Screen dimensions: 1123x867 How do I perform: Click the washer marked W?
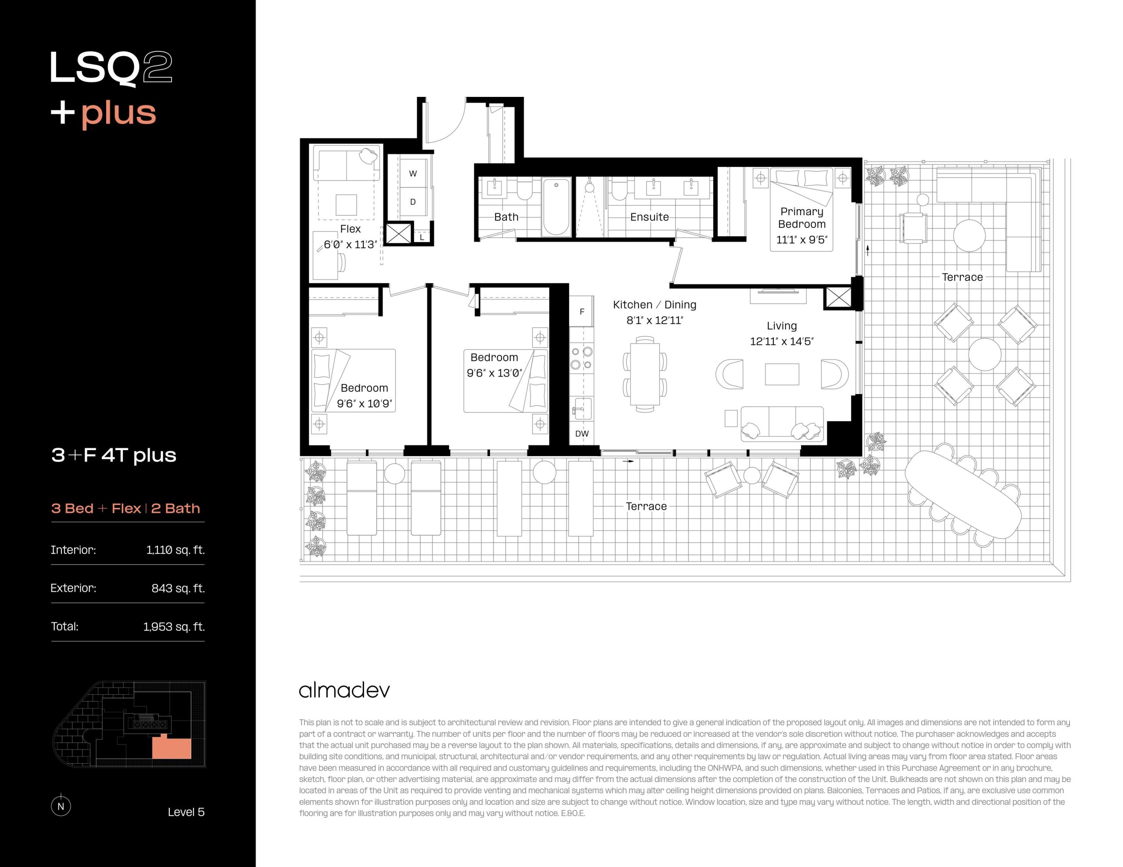pos(413,174)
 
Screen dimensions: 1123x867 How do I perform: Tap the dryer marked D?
pos(413,202)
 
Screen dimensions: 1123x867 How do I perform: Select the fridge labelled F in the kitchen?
pos(582,312)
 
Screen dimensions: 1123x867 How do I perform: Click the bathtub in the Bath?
pos(556,206)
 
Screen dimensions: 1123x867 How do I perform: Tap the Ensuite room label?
pos(649,217)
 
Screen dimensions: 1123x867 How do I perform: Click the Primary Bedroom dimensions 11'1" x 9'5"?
pos(801,239)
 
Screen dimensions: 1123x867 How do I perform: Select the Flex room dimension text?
pos(350,245)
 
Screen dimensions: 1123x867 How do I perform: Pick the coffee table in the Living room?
pos(782,374)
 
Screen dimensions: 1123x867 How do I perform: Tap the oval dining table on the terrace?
pos(963,494)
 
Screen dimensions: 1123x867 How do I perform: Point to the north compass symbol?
pos(61,805)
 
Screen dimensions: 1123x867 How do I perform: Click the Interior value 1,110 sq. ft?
pos(175,550)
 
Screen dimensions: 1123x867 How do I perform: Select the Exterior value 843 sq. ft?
pos(178,588)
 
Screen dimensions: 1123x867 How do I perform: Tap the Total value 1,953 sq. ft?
pos(174,626)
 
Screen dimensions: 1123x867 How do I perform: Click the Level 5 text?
pos(186,812)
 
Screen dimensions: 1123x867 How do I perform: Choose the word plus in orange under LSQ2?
pos(119,114)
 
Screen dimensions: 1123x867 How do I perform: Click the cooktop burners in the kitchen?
pos(582,358)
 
